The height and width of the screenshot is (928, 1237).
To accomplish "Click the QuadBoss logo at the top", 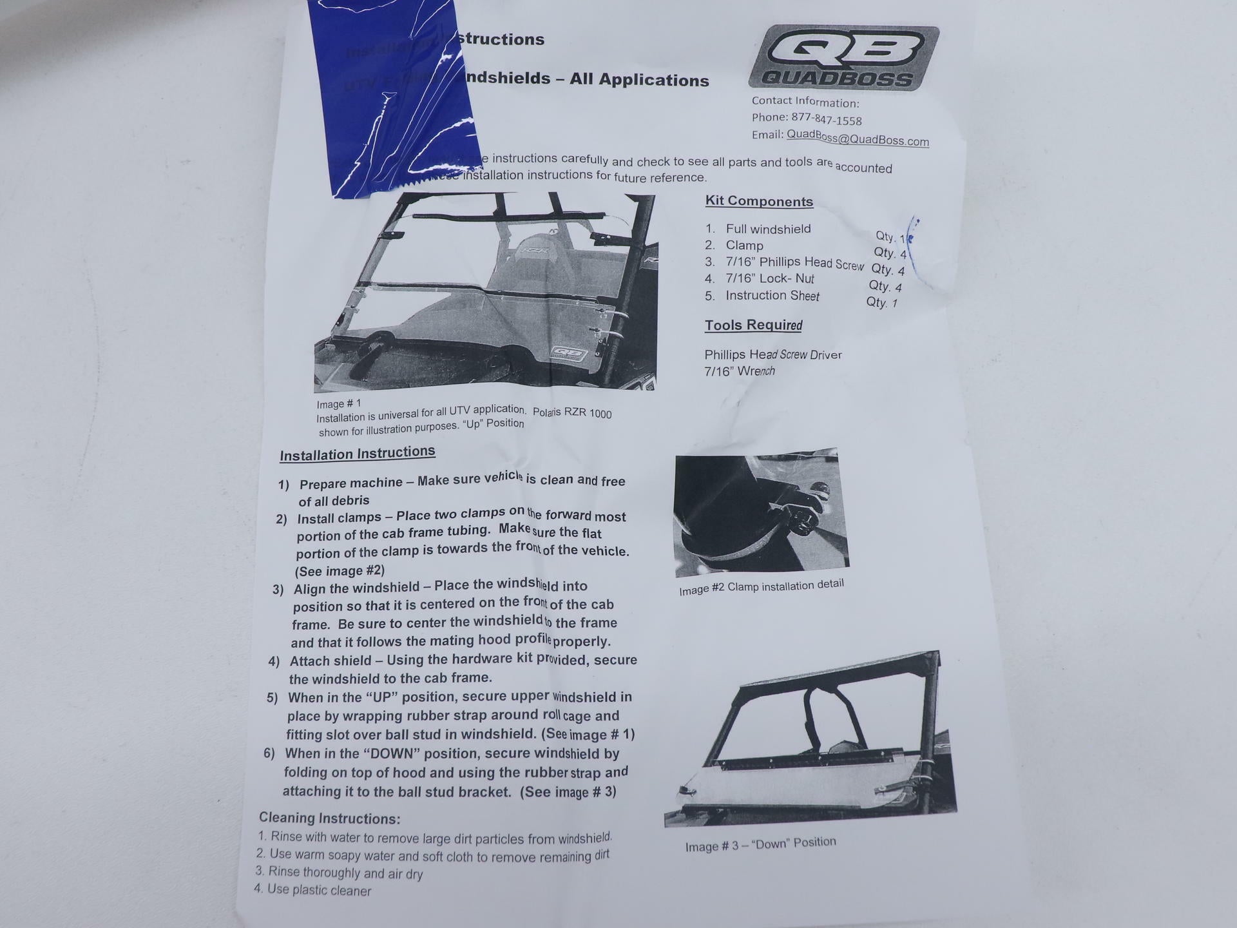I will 843,58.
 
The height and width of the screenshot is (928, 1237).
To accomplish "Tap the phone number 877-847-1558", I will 827,119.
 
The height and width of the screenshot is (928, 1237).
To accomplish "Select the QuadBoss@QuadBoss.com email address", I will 858,138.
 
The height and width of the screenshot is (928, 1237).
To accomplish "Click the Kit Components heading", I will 759,201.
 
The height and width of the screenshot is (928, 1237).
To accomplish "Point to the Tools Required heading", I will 753,325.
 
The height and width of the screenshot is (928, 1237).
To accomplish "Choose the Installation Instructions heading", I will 358,453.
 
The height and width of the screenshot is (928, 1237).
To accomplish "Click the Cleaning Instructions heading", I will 329,818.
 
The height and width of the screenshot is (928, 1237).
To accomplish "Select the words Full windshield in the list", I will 768,229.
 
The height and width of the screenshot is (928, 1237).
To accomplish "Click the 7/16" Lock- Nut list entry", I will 770,278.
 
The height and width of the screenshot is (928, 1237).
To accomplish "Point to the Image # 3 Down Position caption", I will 760,844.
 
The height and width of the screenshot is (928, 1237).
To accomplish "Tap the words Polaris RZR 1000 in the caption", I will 571,413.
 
